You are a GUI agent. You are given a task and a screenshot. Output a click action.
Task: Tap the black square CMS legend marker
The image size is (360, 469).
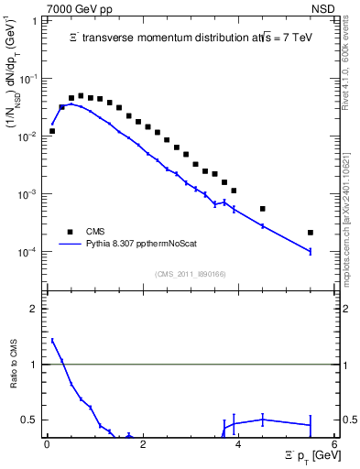click(x=67, y=232)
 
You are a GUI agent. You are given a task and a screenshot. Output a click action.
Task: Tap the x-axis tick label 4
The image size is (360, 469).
click(x=238, y=443)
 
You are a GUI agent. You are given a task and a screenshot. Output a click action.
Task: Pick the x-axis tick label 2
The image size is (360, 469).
click(x=142, y=443)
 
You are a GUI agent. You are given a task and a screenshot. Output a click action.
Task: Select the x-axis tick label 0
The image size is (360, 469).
click(x=47, y=443)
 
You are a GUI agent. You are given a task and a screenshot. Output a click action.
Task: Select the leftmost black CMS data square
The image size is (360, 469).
click(x=52, y=131)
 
